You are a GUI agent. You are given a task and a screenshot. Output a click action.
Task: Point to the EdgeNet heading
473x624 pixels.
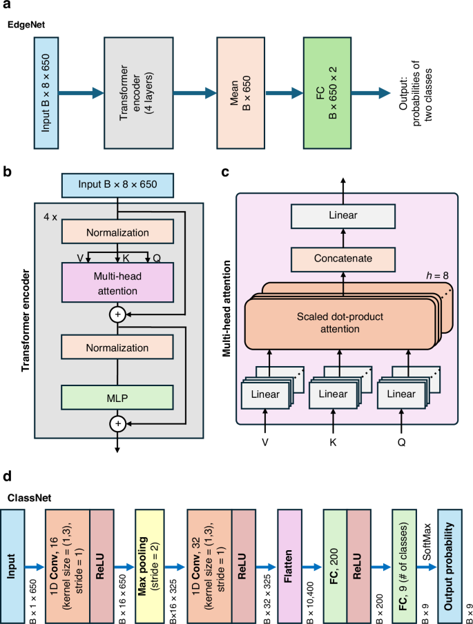pyautogui.click(x=25, y=24)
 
